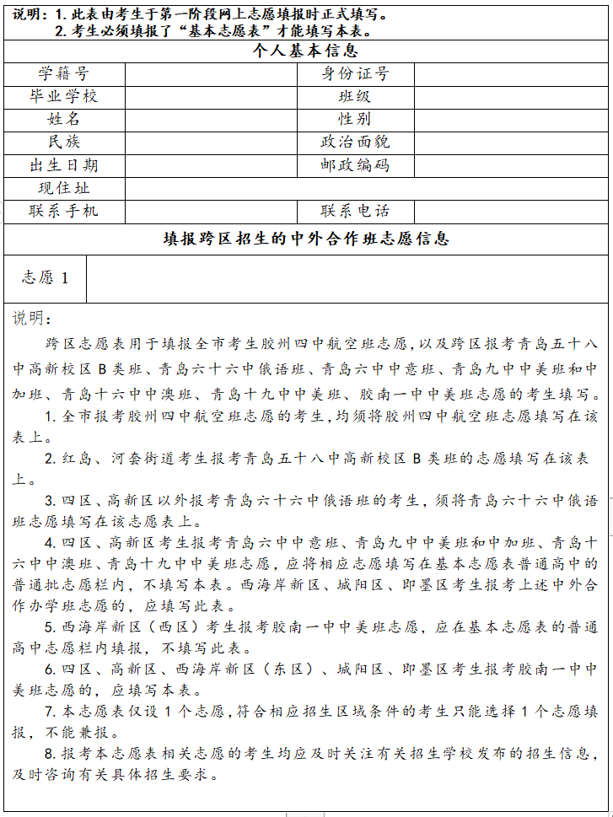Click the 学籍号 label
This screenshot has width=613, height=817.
pos(63,74)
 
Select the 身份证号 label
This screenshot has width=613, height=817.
pos(355,74)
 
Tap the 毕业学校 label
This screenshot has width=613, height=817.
pos(63,97)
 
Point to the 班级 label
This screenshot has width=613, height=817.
pos(355,97)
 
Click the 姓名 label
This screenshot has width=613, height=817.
pos(63,120)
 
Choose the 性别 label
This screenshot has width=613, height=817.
pos(355,120)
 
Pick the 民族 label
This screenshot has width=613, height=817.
pos(63,142)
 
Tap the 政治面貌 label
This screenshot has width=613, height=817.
pos(355,142)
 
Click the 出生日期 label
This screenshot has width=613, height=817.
pos(63,165)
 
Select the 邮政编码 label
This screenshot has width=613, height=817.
pos(355,165)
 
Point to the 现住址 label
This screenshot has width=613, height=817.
pos(63,188)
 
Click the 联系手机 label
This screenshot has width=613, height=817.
pos(63,211)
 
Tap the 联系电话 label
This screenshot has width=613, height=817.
pos(355,211)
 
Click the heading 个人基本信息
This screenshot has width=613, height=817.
pos(306,51)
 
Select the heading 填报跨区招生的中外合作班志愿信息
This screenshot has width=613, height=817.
pos(306,239)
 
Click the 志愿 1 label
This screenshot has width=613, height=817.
pos(45,278)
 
